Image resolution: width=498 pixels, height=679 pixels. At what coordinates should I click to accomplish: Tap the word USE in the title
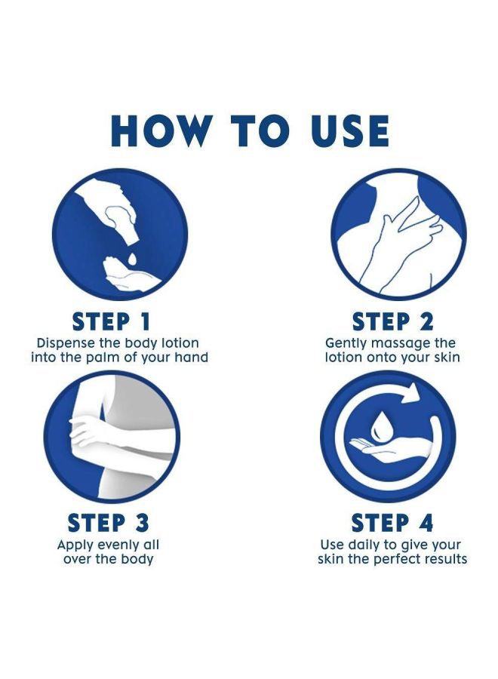tap(350, 131)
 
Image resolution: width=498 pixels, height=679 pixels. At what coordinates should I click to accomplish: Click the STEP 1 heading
tap(111, 321)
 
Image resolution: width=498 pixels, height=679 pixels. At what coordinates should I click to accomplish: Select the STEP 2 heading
tap(392, 321)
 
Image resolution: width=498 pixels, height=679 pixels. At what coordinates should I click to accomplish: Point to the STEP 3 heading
tap(108, 522)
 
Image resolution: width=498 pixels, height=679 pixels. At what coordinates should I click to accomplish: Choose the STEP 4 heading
tap(392, 522)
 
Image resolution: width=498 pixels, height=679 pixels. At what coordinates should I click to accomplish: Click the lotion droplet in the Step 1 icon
tap(132, 259)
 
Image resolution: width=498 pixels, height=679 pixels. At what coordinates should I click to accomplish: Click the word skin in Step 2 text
tap(446, 358)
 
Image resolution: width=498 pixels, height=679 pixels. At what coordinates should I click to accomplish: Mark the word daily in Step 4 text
tap(361, 545)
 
